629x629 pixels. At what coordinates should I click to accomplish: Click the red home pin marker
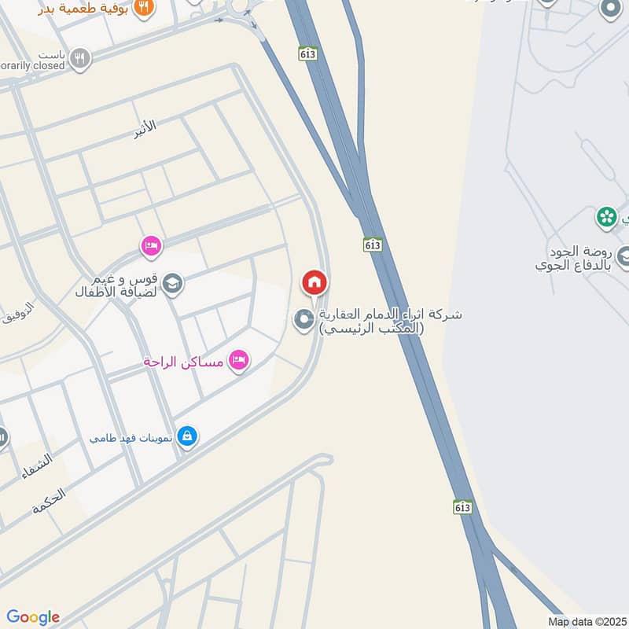314,281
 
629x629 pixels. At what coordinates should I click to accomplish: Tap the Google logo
33,616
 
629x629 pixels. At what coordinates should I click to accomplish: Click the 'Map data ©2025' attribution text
586,621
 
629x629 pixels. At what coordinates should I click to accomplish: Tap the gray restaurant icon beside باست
80,57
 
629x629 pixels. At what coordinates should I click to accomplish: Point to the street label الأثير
144,126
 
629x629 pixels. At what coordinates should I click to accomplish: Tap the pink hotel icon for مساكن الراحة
237,361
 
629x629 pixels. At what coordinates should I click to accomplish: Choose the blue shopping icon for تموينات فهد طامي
186,435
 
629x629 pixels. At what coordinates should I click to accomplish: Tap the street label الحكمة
50,501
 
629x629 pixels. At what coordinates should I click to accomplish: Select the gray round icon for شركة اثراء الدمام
303,319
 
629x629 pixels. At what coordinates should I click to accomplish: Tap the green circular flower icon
606,216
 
